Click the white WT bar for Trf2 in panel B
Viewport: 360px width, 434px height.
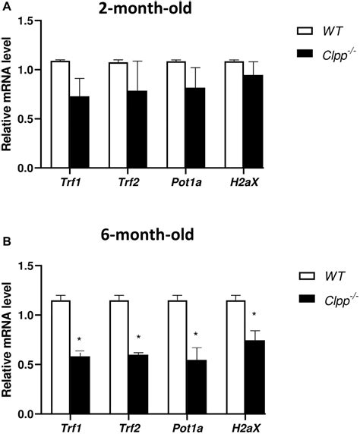[x=118, y=357]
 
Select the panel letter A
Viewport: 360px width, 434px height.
[x=5, y=5]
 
